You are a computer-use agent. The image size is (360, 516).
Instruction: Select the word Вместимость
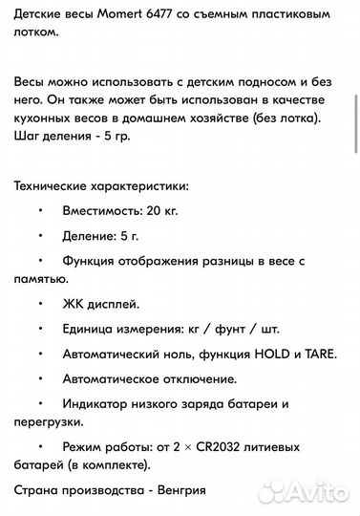click(x=103, y=208)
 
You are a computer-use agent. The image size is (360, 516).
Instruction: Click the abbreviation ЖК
click(x=74, y=304)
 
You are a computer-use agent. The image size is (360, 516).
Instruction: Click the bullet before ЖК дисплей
click(x=41, y=304)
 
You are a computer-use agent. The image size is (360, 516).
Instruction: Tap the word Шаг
click(x=28, y=135)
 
